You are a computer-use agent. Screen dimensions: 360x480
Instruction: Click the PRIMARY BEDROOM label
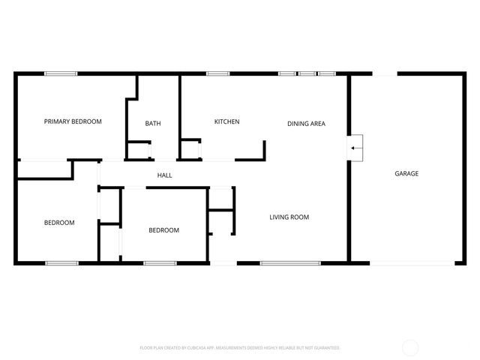73,121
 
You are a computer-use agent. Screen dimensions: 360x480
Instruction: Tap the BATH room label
153,124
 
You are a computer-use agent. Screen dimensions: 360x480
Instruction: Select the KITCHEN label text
226,121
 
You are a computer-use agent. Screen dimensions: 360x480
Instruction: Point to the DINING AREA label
306,124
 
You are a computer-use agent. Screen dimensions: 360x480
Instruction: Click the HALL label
164,175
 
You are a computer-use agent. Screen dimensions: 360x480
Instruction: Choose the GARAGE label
406,173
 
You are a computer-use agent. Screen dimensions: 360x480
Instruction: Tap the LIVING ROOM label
289,217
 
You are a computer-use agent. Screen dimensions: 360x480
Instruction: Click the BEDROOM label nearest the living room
163,230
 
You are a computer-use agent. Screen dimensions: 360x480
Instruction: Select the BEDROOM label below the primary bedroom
59,223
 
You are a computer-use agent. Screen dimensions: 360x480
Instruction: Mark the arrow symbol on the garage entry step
355,148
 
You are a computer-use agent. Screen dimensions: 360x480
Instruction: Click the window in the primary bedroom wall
61,73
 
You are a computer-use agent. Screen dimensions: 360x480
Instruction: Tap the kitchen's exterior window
217,73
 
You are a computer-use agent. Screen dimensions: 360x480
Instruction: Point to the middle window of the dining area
307,73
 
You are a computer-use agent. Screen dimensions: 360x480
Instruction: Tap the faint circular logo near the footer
410,347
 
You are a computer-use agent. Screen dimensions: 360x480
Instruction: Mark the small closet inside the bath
138,150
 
